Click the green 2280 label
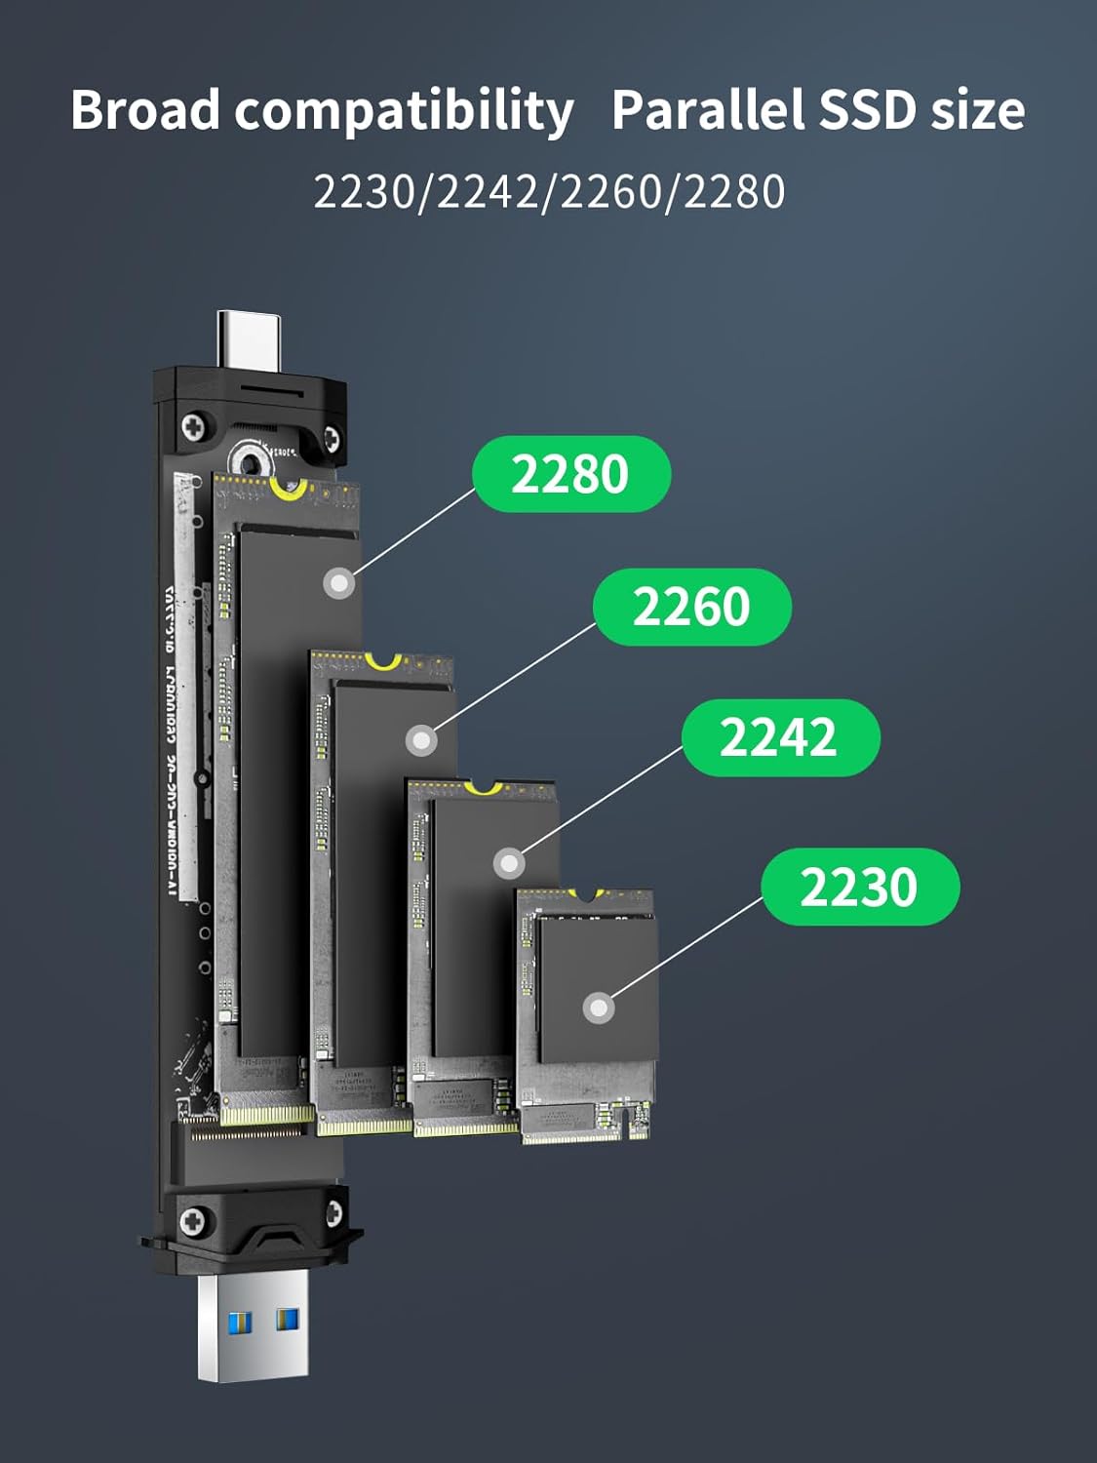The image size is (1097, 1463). coord(571,474)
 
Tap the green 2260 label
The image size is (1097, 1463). coord(691,607)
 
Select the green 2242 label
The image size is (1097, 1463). coord(780,737)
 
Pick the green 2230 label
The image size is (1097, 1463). coord(860,888)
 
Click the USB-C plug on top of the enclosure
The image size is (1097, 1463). coord(248,337)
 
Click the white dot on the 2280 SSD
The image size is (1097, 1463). coord(338,583)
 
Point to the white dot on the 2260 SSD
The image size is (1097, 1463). coord(420,740)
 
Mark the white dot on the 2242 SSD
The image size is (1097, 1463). coord(509,863)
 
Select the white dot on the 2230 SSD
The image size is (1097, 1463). coord(598,1008)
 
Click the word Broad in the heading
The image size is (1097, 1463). coord(145,109)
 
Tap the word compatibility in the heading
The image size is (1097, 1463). coord(404,111)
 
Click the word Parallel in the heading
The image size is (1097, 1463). coord(708,109)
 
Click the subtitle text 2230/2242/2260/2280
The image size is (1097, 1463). coord(549,191)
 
